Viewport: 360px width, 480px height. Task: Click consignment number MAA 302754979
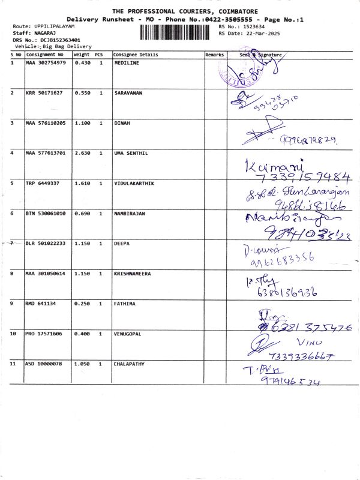pos(46,63)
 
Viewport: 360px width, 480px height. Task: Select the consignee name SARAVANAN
pos(128,93)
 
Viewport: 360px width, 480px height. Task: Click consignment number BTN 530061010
pos(46,213)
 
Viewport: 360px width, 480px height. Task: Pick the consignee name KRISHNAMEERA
pos(133,274)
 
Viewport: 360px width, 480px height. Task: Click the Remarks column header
pos(214,55)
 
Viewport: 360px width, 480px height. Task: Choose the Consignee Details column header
pos(136,55)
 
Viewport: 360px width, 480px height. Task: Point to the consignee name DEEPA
pos(121,244)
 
